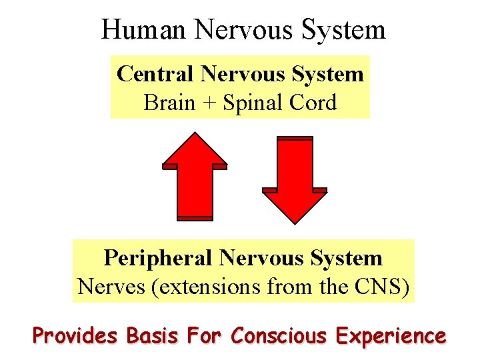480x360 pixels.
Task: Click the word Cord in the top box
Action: (x=313, y=103)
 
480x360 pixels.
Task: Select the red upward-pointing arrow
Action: (x=195, y=177)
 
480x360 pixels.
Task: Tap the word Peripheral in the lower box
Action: (x=157, y=258)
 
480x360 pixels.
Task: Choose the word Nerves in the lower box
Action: (x=107, y=287)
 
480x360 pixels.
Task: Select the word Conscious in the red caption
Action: (x=279, y=335)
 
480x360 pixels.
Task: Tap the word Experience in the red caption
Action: (x=391, y=335)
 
